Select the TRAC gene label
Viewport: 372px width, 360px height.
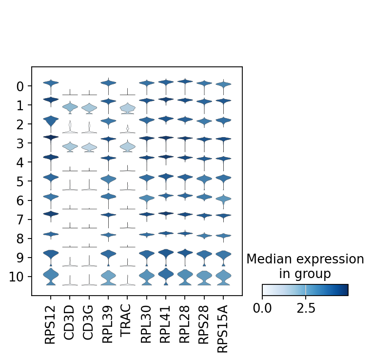click(127, 324)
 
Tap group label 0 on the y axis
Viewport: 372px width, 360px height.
click(21, 86)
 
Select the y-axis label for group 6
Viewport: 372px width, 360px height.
click(21, 200)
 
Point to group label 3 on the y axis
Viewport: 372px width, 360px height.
click(21, 143)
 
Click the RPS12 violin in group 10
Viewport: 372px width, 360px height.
click(51, 276)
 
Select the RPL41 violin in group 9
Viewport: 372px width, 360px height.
click(166, 254)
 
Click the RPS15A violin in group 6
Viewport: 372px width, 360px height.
click(223, 199)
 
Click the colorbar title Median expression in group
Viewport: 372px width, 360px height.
click(305, 266)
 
